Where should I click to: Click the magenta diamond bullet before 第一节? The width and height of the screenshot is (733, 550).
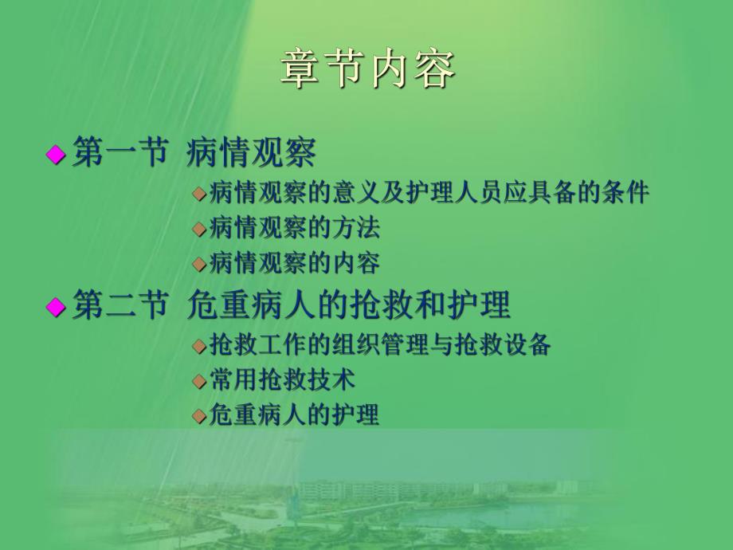56,154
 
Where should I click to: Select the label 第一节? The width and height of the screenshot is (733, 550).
120,152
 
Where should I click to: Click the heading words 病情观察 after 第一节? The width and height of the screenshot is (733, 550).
251,152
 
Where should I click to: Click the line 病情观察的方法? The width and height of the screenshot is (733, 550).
294,228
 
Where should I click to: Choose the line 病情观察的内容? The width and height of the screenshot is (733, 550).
294,262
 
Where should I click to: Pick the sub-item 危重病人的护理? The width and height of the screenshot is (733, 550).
294,414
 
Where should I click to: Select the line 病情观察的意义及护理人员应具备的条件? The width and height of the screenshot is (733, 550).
429,194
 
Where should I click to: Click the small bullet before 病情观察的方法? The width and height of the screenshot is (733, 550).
198,230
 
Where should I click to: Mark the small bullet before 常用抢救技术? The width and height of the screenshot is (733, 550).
198,382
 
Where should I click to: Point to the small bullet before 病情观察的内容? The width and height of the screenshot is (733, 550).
198,264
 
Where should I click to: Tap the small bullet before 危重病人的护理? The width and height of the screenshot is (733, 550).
198,416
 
